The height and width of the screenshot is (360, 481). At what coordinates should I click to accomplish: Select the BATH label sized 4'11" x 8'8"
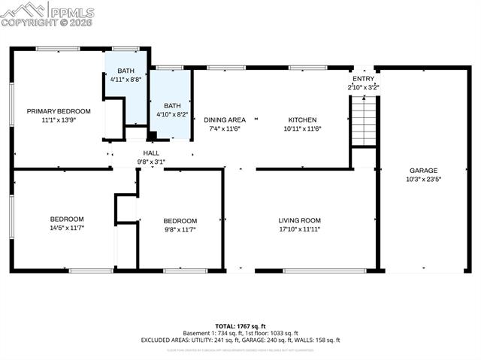pos(126,71)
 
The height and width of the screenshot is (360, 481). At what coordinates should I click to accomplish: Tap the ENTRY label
pos(363,79)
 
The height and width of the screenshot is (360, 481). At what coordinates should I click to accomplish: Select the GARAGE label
pos(423,171)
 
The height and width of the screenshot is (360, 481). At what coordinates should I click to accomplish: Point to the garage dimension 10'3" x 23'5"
pos(423,180)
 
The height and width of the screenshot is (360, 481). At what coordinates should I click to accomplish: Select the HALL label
pos(151,153)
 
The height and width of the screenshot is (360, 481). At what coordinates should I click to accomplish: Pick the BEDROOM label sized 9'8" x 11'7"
pos(180,220)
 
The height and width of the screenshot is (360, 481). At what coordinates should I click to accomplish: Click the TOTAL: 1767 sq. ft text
pos(240,325)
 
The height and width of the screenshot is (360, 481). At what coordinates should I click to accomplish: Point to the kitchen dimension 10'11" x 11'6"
pos(303,129)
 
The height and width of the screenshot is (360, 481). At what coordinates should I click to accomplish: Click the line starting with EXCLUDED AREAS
pos(240,340)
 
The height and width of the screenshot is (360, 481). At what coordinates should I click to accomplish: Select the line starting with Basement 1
pos(240,333)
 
